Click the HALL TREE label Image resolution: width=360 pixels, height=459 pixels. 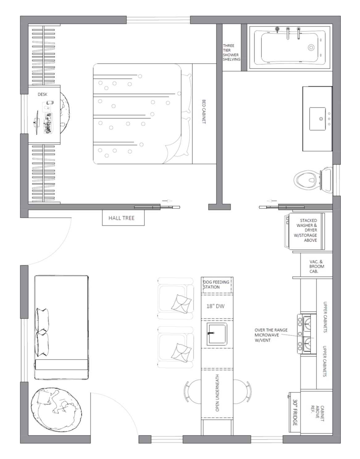pyautogui.click(x=121, y=218)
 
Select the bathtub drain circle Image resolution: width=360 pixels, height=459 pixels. pyautogui.click(x=311, y=48)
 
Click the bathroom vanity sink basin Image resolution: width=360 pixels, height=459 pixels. pyautogui.click(x=317, y=119)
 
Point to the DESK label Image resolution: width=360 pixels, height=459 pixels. pyautogui.click(x=42, y=95)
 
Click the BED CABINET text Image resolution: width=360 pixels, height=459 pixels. pyautogui.click(x=204, y=112)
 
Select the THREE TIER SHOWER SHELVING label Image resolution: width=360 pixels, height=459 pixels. pyautogui.click(x=232, y=53)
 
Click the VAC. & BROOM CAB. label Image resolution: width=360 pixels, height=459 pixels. pyautogui.click(x=317, y=266)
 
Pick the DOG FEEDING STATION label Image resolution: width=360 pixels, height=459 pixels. pyautogui.click(x=216, y=284)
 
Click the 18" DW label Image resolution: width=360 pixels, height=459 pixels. pyautogui.click(x=216, y=306)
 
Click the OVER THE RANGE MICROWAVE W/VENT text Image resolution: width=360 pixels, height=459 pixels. pyautogui.click(x=271, y=335)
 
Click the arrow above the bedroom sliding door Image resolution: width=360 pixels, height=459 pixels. pyautogui.click(x=167, y=201)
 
